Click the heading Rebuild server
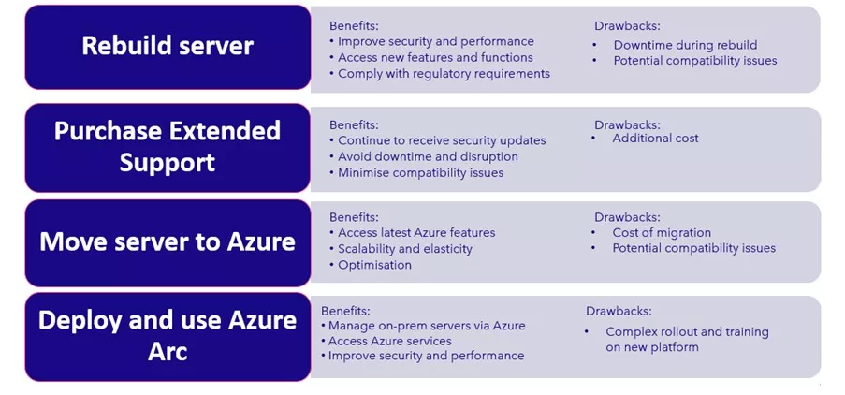[168, 46]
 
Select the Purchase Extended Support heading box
[168, 148]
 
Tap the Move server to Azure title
[168, 241]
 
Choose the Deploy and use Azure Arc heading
[168, 336]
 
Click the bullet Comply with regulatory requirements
[444, 74]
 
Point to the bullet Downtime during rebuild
[685, 45]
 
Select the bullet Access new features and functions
[435, 58]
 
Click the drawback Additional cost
[655, 139]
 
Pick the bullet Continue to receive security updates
[442, 140]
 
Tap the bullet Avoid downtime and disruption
[428, 157]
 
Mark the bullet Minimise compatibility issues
[421, 173]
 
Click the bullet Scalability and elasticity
[404, 249]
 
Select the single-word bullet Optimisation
[374, 265]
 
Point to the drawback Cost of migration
[662, 233]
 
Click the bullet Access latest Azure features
[416, 233]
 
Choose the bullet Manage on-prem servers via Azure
[427, 326]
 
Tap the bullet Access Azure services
[389, 341]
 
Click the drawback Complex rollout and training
[687, 332]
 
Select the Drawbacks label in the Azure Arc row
[619, 311]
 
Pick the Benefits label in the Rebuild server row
[354, 26]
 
